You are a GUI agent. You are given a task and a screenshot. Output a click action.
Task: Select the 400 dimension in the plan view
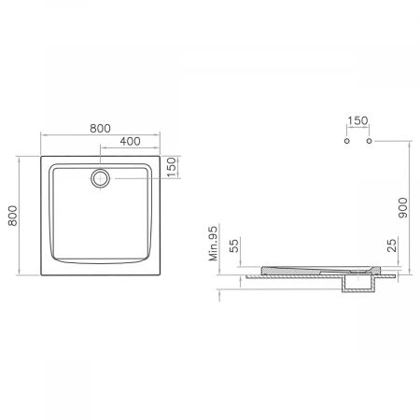(x=131, y=141)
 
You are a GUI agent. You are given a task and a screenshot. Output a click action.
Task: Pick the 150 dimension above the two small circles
(x=358, y=121)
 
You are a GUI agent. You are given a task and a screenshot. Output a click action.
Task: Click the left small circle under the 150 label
(x=346, y=141)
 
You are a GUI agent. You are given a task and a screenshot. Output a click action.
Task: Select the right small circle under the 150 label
(x=371, y=141)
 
